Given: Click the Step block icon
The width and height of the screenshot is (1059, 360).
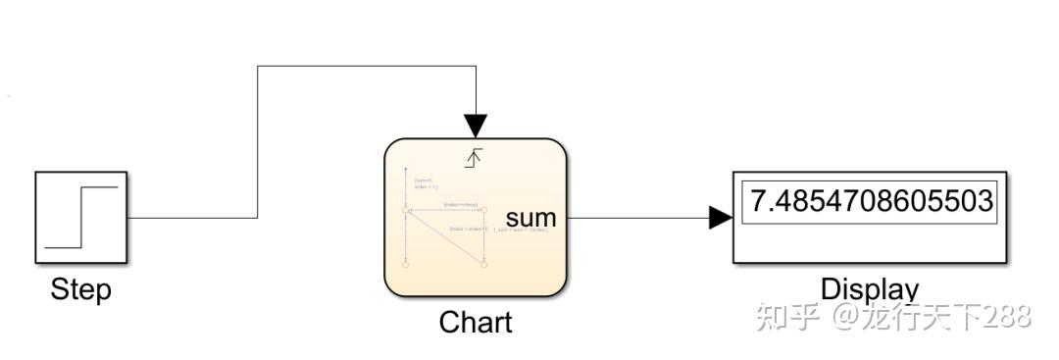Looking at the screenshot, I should pos(82,218).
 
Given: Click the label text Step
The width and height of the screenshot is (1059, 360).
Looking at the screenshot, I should pos(81,290).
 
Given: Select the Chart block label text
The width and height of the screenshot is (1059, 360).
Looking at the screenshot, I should pos(476,322).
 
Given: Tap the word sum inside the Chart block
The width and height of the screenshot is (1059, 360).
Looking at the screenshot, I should pos(530,218).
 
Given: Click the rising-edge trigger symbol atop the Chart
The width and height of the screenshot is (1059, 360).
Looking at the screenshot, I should pos(475,155).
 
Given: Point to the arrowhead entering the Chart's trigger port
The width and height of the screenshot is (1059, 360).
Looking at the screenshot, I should pos(476,126).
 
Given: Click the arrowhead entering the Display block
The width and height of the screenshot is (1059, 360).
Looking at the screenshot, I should pos(720,218).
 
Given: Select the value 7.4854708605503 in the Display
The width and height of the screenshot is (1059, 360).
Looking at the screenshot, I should pos(871,201).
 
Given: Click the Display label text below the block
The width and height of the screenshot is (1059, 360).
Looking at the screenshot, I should pos(870,289).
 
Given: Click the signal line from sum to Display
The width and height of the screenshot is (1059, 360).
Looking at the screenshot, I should pos(637,218).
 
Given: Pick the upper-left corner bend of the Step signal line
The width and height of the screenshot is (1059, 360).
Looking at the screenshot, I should pos(258,67).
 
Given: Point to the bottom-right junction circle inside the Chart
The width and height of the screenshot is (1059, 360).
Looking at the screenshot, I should pos(485,263).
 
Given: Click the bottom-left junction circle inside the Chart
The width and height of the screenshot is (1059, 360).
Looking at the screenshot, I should pos(405,263).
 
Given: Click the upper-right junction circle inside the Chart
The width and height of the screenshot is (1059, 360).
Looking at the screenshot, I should pos(485,210).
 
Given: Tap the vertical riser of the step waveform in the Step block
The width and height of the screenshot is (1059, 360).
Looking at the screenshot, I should pos(82,218).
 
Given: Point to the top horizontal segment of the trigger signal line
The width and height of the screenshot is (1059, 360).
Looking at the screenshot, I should pos(368,67).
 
